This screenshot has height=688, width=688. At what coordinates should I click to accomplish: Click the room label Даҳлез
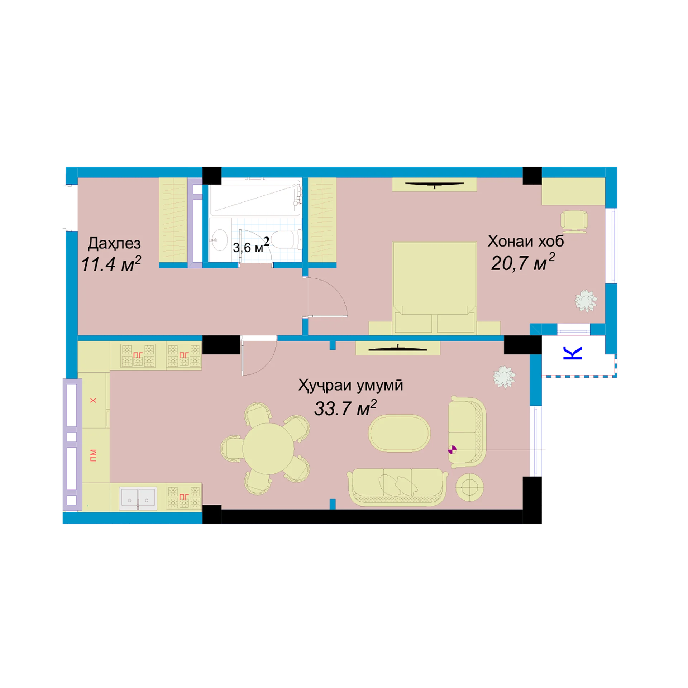click(x=114, y=244)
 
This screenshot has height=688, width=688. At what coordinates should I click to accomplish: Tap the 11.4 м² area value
click(x=111, y=264)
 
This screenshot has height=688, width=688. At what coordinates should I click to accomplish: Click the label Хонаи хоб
click(x=525, y=241)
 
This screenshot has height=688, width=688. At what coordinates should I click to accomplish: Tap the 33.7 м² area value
click(x=345, y=408)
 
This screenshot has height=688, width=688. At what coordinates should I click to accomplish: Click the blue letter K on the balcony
click(x=572, y=353)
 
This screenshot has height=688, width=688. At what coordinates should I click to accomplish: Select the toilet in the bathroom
click(x=287, y=240)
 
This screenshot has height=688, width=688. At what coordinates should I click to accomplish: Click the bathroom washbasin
click(x=219, y=240)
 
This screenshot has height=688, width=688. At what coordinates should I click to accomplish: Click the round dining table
click(x=268, y=449)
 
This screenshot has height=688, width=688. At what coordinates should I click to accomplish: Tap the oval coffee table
click(x=399, y=433)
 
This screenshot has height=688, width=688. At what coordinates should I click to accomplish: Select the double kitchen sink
click(x=138, y=498)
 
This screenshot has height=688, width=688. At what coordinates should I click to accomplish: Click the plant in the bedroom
click(x=586, y=301)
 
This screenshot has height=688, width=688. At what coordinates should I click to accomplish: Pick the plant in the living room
click(x=504, y=377)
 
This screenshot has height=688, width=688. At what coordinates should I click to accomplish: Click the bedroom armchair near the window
click(x=574, y=221)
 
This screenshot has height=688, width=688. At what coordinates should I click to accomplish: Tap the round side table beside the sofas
click(x=470, y=487)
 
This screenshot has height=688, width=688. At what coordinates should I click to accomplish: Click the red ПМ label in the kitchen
click(x=94, y=455)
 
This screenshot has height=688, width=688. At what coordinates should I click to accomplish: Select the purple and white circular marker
click(x=452, y=450)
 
